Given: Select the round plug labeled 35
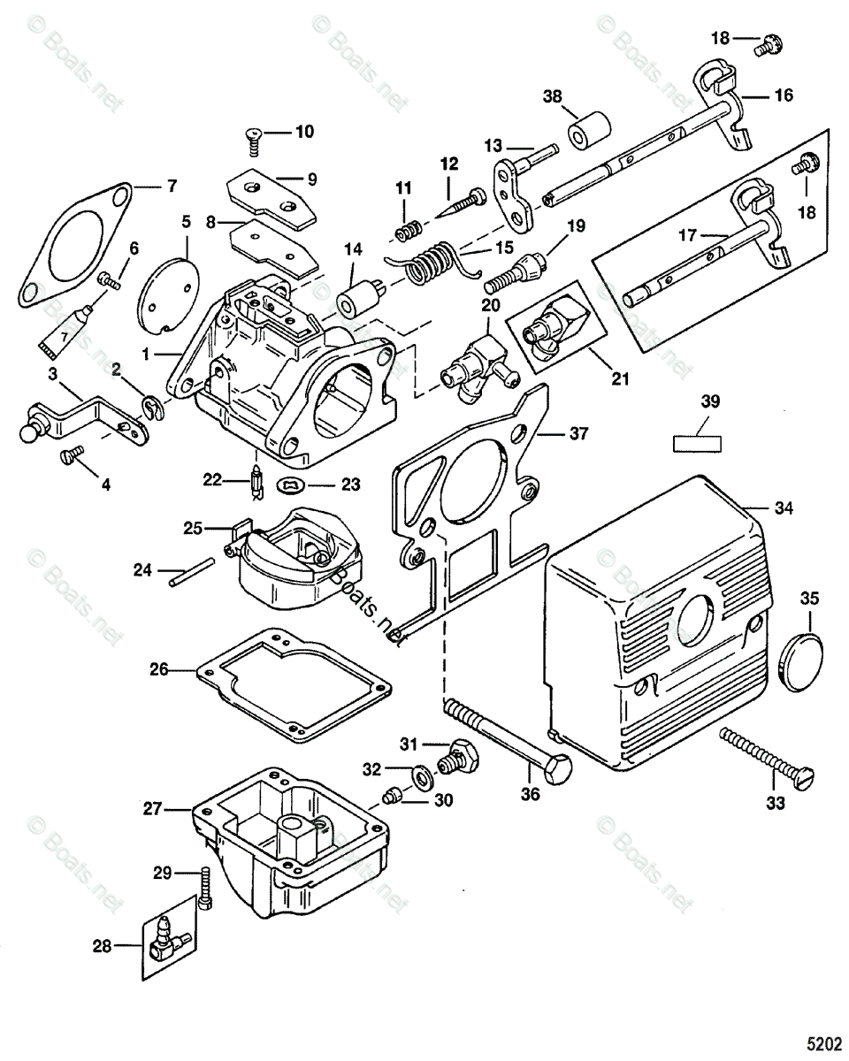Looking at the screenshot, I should (802, 657).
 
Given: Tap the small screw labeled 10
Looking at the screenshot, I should (254, 136).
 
